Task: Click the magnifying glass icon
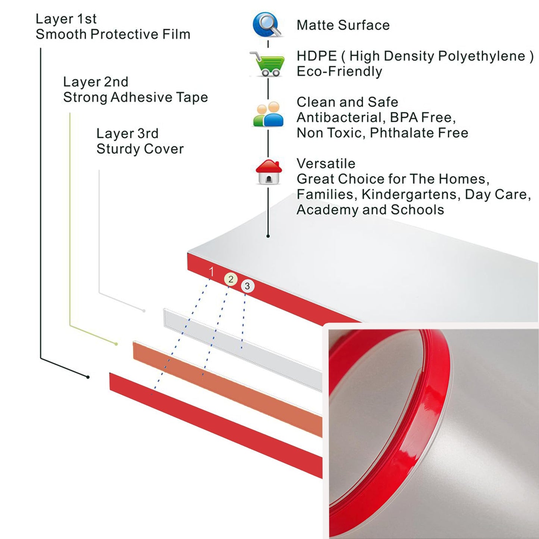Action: pyautogui.click(x=267, y=25)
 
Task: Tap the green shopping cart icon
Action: pyautogui.click(x=268, y=64)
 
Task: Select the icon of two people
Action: pyautogui.click(x=268, y=115)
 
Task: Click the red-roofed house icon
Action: pyautogui.click(x=269, y=172)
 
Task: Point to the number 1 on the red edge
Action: pyautogui.click(x=211, y=272)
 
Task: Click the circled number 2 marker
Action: pyautogui.click(x=231, y=279)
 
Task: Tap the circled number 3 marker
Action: pyautogui.click(x=247, y=286)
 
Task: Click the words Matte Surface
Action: pyautogui.click(x=343, y=25)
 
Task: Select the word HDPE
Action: pyautogui.click(x=317, y=56)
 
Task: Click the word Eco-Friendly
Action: pyautogui.click(x=339, y=71)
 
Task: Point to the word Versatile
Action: pyautogui.click(x=326, y=163)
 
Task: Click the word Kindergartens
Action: pyautogui.click(x=411, y=194)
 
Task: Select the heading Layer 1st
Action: pyautogui.click(x=66, y=19)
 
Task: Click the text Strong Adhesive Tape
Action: pyautogui.click(x=135, y=97)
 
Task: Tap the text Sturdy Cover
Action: pyautogui.click(x=140, y=149)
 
